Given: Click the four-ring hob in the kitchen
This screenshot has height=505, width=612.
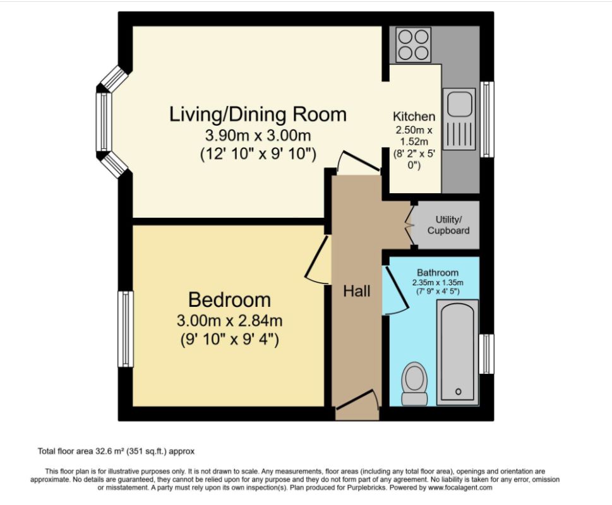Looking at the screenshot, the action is point(413,44).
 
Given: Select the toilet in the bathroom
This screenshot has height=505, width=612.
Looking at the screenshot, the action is point(414,384).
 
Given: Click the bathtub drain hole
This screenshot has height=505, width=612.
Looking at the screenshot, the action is point(459,391).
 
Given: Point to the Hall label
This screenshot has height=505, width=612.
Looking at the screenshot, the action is point(356,291).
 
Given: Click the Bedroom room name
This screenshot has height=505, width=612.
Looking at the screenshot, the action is point(229,299).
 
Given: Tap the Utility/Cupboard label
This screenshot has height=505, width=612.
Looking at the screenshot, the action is point(448,225).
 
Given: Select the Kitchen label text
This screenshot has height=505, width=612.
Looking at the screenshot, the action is point(414,116).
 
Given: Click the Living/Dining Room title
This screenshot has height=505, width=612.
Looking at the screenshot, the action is point(258,114).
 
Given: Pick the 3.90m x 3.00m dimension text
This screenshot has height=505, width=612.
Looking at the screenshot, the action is point(258,136).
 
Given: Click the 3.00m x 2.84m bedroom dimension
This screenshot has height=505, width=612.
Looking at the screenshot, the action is point(229,321).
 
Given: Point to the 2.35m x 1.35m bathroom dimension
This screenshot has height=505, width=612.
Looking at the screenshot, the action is point(438,283).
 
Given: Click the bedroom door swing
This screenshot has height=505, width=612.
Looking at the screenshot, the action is point(317,259).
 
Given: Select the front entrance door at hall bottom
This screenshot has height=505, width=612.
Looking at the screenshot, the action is point(357,400).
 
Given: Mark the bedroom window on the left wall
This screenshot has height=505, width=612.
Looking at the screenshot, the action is point(126,329).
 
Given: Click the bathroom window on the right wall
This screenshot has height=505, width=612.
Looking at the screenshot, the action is point(487,353).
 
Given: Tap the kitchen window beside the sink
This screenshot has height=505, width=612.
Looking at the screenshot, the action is point(487,119).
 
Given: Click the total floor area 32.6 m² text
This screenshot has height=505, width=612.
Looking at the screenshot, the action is point(116,451).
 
